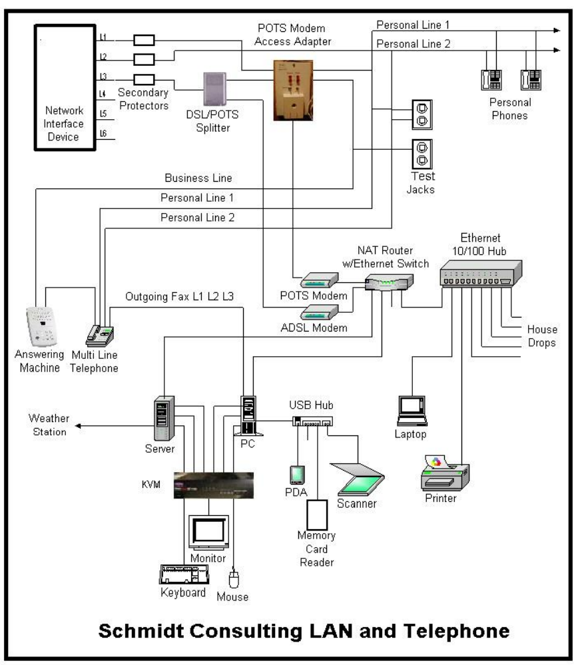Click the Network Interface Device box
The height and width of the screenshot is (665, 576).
tap(63, 86)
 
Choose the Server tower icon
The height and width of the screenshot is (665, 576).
tap(163, 418)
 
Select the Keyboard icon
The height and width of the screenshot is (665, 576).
tap(183, 574)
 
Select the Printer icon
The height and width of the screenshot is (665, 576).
tap(445, 471)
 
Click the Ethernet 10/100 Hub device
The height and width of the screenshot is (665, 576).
tap(480, 272)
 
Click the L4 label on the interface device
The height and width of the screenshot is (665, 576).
tap(103, 94)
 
